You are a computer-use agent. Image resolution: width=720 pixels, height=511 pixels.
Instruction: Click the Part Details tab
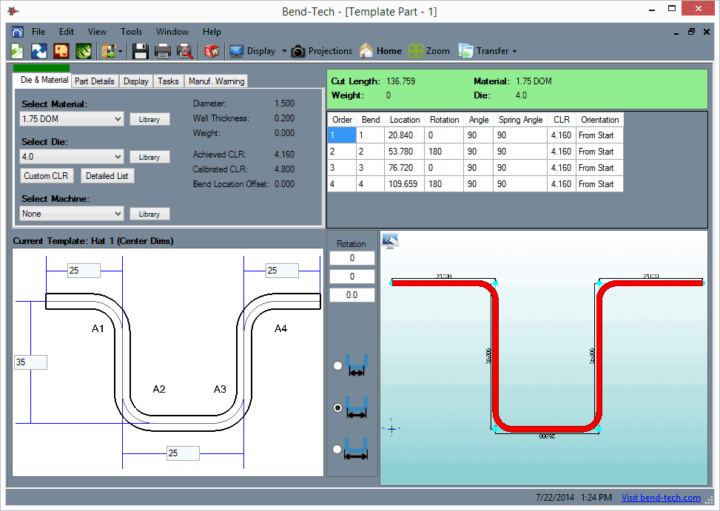click(95, 81)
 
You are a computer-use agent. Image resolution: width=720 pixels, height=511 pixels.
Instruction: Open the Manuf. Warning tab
click(216, 81)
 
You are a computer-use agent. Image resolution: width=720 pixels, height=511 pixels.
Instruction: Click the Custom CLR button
click(47, 176)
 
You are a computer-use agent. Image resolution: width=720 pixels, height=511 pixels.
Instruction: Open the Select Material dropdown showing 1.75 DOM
click(72, 119)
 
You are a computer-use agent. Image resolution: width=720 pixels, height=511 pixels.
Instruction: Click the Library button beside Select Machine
click(149, 214)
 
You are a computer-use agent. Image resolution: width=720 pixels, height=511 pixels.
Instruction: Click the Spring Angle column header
click(520, 120)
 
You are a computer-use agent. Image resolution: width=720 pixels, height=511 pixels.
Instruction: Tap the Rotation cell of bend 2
click(444, 152)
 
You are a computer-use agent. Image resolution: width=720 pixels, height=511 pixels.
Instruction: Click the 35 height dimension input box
click(30, 362)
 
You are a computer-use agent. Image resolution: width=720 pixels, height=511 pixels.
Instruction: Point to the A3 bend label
click(220, 389)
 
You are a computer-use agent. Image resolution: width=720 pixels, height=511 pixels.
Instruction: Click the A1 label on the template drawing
click(98, 328)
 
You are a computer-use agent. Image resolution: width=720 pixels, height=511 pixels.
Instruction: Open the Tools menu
click(131, 32)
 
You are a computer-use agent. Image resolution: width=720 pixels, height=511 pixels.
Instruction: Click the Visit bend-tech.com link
click(661, 498)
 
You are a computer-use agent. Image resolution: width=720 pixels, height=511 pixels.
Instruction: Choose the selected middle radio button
click(338, 407)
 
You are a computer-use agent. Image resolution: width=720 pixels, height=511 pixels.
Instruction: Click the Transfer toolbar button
click(487, 51)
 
